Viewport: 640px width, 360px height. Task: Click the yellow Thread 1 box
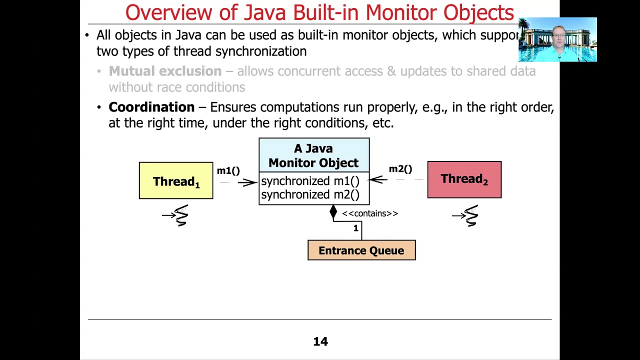[176, 181]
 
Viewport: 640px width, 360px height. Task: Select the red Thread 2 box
[464, 179]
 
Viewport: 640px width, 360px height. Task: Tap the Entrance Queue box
[361, 250]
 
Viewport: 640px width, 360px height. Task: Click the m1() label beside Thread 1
[228, 171]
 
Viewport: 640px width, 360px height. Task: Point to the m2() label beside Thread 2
[400, 169]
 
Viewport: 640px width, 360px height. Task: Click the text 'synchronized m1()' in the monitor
[310, 181]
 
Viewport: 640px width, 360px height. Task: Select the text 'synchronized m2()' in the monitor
[310, 194]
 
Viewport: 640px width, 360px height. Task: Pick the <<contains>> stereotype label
[370, 213]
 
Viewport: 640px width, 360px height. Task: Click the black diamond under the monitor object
[333, 212]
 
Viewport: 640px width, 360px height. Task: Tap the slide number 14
[320, 341]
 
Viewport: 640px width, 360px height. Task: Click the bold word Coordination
[151, 107]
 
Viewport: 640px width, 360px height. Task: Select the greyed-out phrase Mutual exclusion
[165, 71]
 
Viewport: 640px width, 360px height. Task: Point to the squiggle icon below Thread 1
[180, 215]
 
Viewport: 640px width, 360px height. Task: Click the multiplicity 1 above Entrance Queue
[356, 228]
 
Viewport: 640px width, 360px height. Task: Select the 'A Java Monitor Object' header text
[313, 155]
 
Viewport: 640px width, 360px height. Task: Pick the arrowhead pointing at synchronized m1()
[252, 182]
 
